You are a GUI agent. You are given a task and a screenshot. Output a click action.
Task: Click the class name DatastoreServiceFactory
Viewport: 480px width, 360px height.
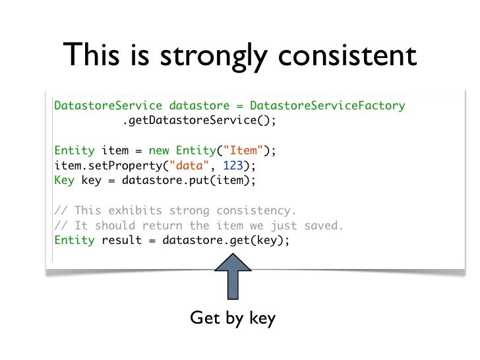point(328,105)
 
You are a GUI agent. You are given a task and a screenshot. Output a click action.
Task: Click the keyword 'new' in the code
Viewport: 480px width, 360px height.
point(159,151)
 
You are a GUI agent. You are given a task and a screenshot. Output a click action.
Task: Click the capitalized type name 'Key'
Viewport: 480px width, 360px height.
point(64,180)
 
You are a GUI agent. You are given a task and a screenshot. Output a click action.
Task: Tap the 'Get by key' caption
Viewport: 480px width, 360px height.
point(232,318)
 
